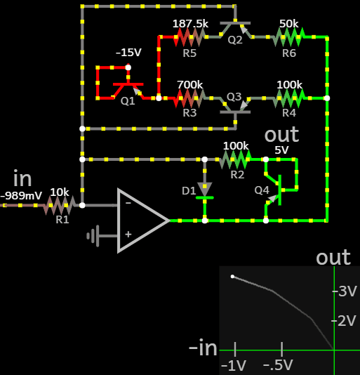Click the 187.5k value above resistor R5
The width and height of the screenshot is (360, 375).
[x=190, y=24]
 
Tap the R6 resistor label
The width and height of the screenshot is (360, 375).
[x=289, y=53]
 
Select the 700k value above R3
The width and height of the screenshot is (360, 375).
[x=189, y=85]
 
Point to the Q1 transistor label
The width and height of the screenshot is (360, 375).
[x=128, y=101]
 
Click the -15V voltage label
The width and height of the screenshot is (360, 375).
[x=128, y=53]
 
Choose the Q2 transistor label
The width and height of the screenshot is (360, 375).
[x=235, y=40]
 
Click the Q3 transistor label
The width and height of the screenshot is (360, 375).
[x=234, y=97]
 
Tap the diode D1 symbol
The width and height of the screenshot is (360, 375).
[x=205, y=191]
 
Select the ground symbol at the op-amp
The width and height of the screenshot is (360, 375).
[x=93, y=236]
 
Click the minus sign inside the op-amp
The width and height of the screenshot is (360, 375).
[x=128, y=203]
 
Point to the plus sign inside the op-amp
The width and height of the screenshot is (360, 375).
[x=128, y=234]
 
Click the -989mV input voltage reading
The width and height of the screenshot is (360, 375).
[x=21, y=196]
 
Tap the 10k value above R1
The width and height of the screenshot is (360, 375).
[x=60, y=192]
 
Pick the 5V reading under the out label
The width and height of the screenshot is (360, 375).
[x=281, y=150]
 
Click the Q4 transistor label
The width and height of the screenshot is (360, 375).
[x=262, y=190]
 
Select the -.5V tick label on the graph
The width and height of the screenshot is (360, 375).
[x=278, y=365]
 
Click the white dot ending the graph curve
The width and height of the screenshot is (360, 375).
[x=232, y=277]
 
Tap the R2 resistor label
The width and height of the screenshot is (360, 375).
[x=237, y=175]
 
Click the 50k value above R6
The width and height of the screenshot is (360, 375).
[x=289, y=24]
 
